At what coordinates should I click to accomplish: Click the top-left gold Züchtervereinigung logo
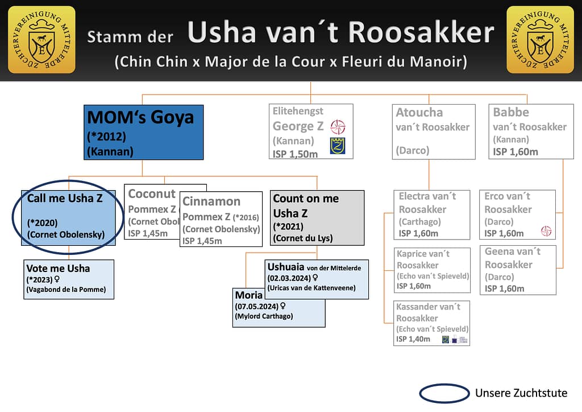[x=41, y=40]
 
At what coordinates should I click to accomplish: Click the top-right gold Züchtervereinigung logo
[x=540, y=40]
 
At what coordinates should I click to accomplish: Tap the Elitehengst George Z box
[x=311, y=131]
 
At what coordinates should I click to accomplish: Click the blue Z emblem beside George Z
[x=338, y=146]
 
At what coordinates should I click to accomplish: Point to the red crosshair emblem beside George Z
[x=338, y=127]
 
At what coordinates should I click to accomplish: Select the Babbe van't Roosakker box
[x=531, y=131]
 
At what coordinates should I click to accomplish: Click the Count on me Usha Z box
[x=317, y=218]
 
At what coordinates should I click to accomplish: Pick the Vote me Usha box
[x=69, y=279]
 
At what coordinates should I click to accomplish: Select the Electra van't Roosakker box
[x=434, y=215]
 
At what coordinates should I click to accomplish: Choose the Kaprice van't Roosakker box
[x=433, y=270]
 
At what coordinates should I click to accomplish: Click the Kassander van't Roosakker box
[x=433, y=323]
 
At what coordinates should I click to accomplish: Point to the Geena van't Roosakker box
[x=517, y=270]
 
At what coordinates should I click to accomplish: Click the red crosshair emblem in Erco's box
[x=546, y=231]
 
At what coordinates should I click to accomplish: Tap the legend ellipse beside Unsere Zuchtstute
[x=444, y=393]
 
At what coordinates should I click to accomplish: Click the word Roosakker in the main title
[x=421, y=33]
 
